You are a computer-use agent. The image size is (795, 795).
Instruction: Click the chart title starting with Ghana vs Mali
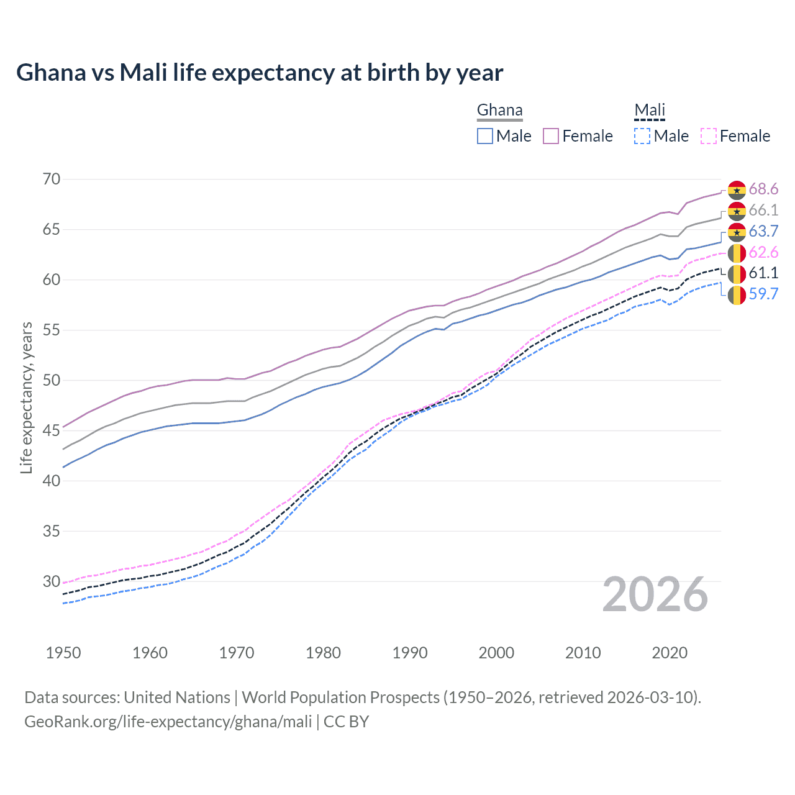[260, 73]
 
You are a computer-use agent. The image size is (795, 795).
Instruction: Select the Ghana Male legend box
[485, 136]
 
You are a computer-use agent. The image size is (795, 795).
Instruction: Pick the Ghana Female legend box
[551, 136]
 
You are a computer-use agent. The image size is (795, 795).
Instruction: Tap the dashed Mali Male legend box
[642, 136]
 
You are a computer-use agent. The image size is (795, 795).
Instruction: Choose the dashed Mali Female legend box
[709, 136]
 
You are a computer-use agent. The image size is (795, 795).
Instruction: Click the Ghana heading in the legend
[499, 111]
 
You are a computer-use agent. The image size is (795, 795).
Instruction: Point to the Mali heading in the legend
[650, 111]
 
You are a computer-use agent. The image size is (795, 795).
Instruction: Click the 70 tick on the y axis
[52, 179]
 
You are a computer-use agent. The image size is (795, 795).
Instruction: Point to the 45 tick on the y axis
[52, 430]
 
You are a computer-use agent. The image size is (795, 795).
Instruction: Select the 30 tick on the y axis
[52, 581]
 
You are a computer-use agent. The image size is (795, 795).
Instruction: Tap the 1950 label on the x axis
[63, 653]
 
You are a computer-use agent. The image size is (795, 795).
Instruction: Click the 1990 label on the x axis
[410, 653]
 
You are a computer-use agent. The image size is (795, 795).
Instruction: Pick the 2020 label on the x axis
[670, 653]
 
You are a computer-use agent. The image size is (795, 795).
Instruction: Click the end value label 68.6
[763, 189]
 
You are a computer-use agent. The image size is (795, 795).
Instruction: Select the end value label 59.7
[763, 294]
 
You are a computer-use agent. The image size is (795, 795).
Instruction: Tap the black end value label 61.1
[763, 273]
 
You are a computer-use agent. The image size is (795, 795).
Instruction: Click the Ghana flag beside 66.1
[737, 211]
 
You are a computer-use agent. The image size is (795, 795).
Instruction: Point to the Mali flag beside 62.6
[737, 253]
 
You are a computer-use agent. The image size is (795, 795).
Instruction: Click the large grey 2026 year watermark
[655, 595]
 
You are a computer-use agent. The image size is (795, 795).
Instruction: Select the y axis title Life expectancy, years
[27, 397]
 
